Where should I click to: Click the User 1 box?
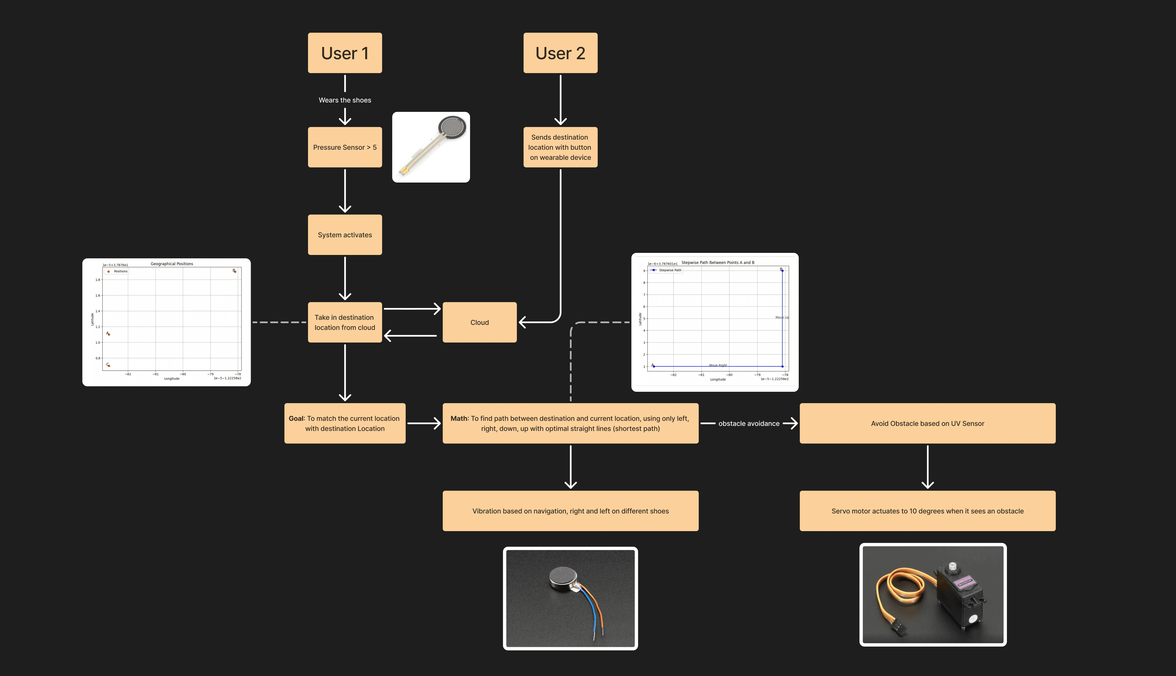pyautogui.click(x=345, y=53)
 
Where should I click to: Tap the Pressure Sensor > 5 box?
pyautogui.click(x=345, y=147)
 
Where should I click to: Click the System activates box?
pyautogui.click(x=345, y=235)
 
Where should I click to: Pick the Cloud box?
pyautogui.click(x=479, y=323)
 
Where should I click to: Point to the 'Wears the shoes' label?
pyautogui.click(x=345, y=100)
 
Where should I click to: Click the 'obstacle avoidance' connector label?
pyautogui.click(x=748, y=423)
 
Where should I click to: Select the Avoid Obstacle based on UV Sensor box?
pyautogui.click(x=927, y=423)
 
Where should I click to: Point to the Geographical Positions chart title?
pyautogui.click(x=172, y=264)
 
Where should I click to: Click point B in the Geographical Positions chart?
pyautogui.click(x=235, y=272)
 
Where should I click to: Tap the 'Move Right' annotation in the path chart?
pyautogui.click(x=718, y=365)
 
